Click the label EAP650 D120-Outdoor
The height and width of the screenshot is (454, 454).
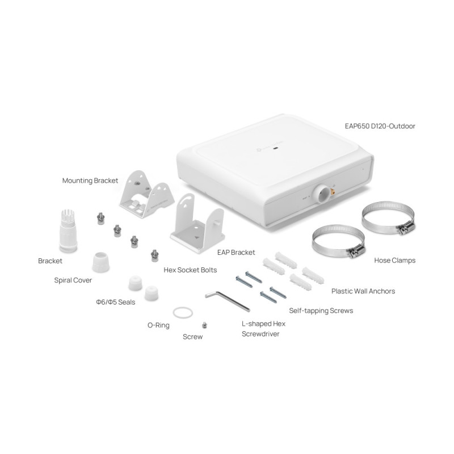[x=380, y=126]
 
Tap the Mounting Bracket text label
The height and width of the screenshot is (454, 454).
[x=90, y=180]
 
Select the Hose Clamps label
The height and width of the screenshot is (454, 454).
[x=395, y=260]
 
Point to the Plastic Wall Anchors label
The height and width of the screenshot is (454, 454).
[x=363, y=291]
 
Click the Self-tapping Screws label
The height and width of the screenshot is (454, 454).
[x=321, y=310]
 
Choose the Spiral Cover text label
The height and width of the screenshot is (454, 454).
[x=73, y=280]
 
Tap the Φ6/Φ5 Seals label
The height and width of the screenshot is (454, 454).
[x=116, y=302]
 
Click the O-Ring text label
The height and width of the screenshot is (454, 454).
[x=158, y=325]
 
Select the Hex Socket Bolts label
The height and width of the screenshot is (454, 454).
[x=190, y=270]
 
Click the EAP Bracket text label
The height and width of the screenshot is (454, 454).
[x=236, y=252]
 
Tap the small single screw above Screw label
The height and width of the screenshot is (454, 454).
[x=204, y=325]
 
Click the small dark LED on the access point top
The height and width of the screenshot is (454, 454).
[x=276, y=149]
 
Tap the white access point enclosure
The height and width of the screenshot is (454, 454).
[x=272, y=170]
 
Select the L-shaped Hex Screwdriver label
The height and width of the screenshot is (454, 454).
[x=263, y=329]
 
